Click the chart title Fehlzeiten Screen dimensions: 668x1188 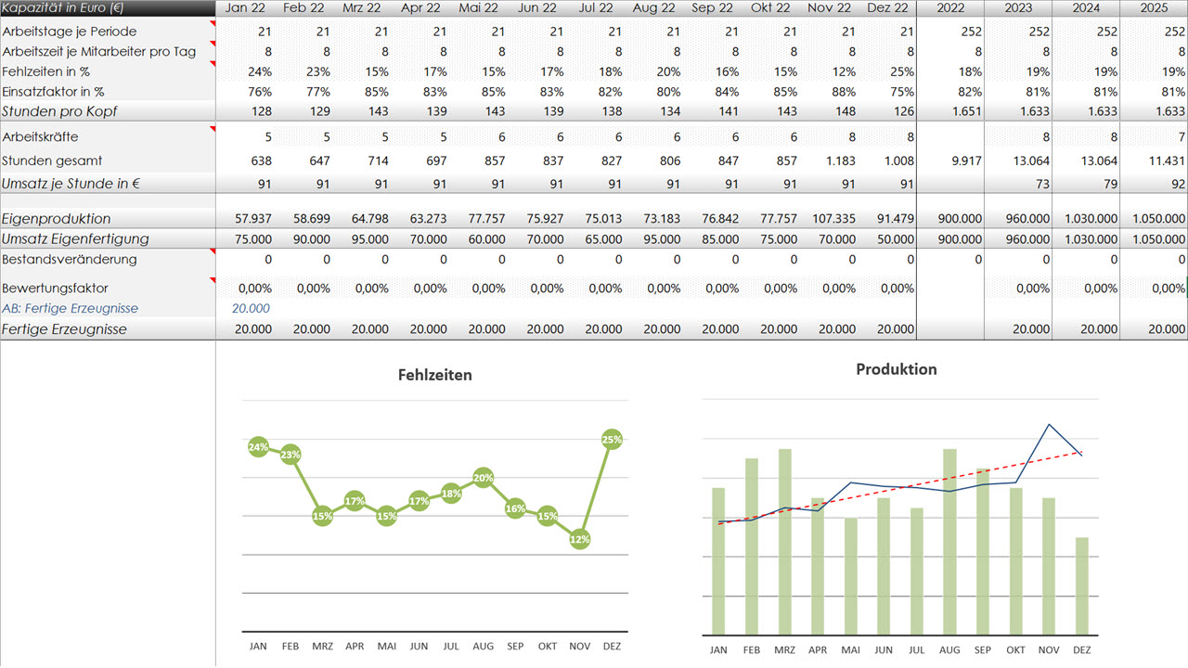click(x=434, y=375)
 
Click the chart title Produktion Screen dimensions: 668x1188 click(x=896, y=369)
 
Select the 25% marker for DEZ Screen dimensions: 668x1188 click(x=612, y=439)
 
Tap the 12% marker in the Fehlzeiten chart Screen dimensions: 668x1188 click(x=580, y=539)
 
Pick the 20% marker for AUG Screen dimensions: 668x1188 click(x=483, y=478)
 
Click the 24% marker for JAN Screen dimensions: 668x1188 click(x=258, y=447)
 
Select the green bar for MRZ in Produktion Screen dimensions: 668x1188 click(x=785, y=540)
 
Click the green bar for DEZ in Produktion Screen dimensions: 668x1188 click(x=1081, y=584)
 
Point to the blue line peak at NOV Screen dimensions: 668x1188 click(x=1049, y=425)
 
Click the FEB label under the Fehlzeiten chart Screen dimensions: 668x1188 click(x=291, y=646)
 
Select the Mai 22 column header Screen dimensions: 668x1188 click(x=479, y=8)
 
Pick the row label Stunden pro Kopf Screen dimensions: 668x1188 click(x=59, y=111)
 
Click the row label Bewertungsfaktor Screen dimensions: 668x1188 click(x=56, y=288)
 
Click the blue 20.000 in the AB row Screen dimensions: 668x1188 click(x=251, y=308)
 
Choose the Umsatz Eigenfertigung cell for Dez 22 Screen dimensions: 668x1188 click(x=894, y=238)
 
